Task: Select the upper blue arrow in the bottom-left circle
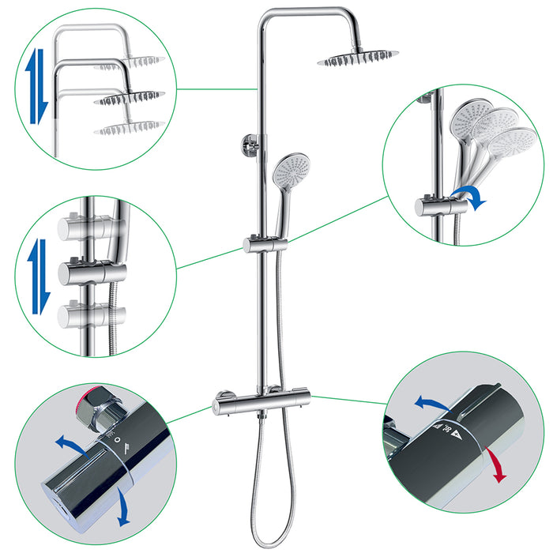[x=69, y=442]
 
